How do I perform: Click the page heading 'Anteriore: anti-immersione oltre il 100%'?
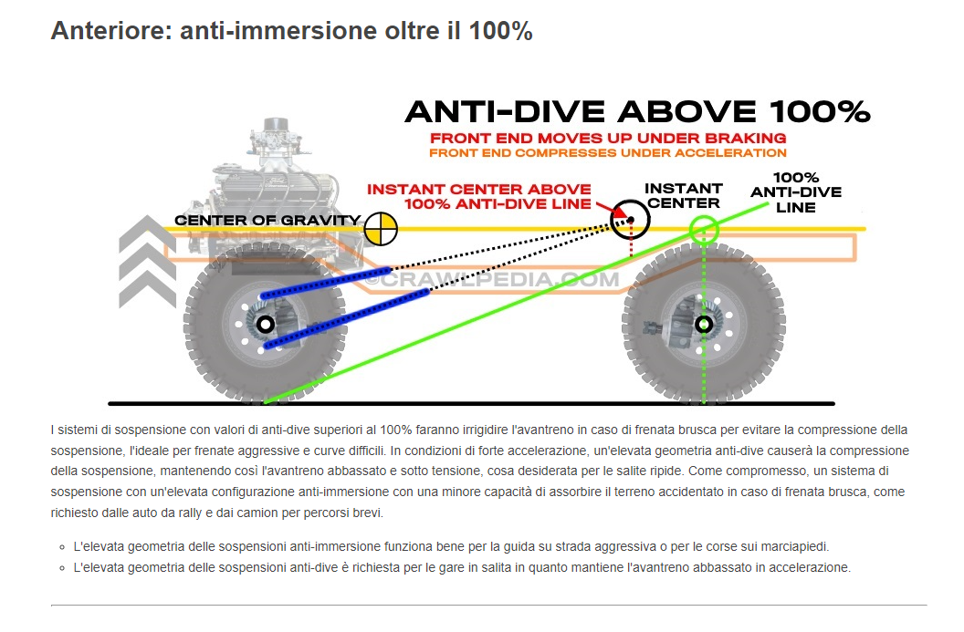click(x=291, y=30)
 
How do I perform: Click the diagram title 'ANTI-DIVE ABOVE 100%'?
click(x=636, y=112)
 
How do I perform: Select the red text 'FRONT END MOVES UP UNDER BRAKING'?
click(x=608, y=138)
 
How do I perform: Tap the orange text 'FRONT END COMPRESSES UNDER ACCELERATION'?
click(x=608, y=152)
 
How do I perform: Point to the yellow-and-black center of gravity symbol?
click(x=381, y=228)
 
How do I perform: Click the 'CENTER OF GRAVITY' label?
click(x=267, y=221)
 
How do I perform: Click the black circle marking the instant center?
click(x=629, y=218)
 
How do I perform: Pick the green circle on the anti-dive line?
click(x=705, y=229)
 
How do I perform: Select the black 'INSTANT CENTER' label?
click(x=683, y=195)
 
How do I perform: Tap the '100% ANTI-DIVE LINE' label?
click(x=795, y=192)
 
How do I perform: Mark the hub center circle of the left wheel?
click(x=265, y=324)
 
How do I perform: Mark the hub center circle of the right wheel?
click(x=704, y=324)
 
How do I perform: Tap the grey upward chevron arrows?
click(x=147, y=261)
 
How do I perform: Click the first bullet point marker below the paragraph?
click(x=60, y=547)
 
